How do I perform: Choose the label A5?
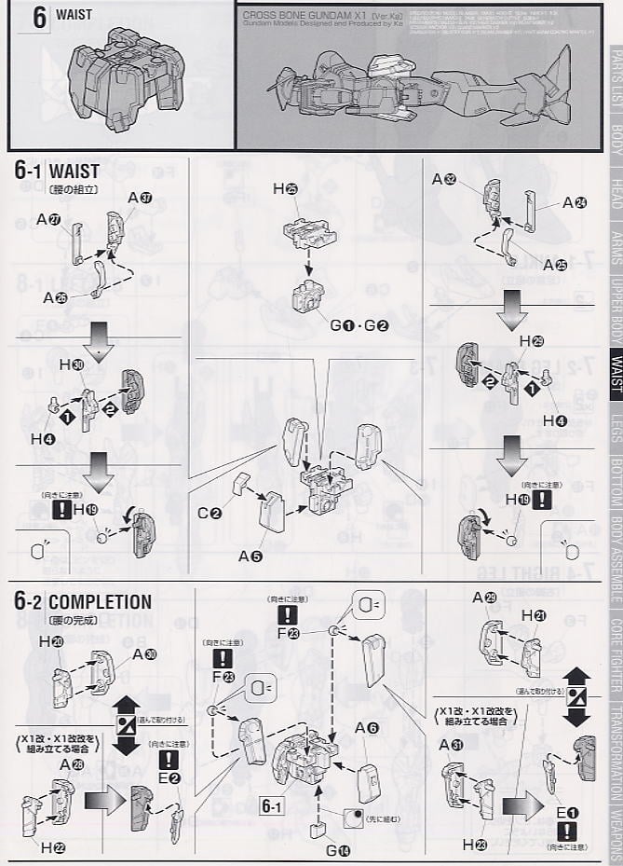pos(250,556)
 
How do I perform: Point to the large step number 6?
pos(39,20)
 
